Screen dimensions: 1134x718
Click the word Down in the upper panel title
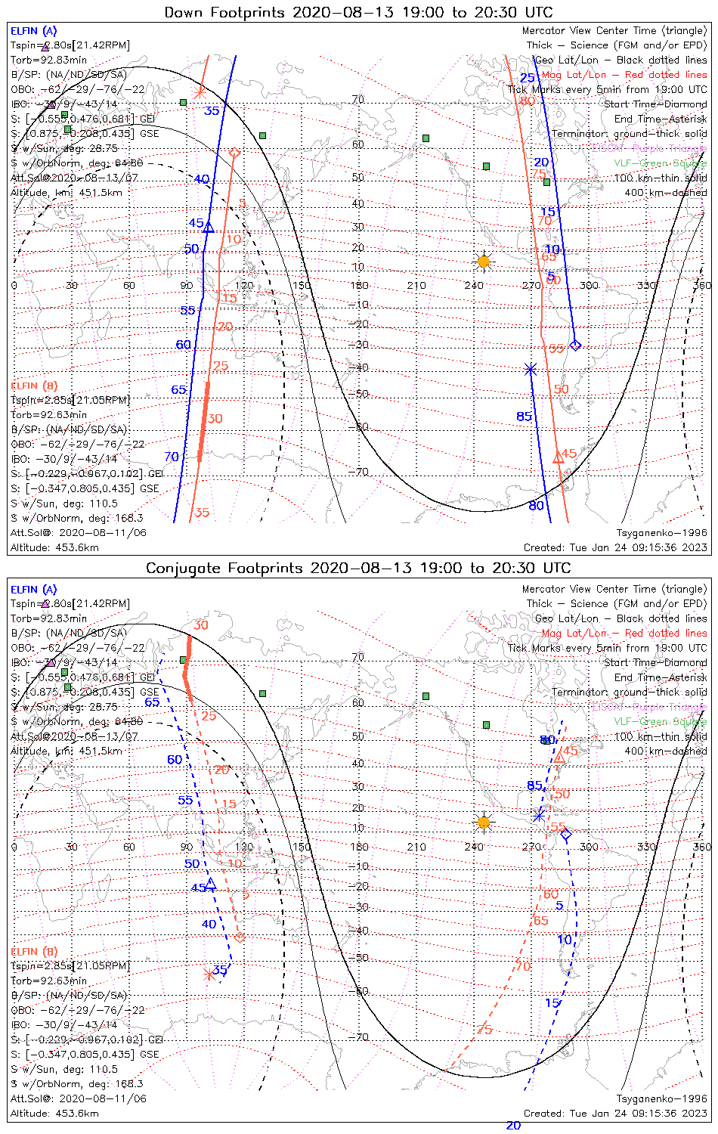(184, 12)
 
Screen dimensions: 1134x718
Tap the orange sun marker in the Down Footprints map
(484, 262)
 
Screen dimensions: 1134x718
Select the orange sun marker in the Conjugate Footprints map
(484, 822)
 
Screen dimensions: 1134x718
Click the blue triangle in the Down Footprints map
(209, 227)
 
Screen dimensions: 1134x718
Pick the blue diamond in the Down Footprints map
(575, 345)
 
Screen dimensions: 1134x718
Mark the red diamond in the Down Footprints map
(234, 153)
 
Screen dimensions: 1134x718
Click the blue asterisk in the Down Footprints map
(531, 369)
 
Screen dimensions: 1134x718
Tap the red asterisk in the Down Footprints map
(199, 92)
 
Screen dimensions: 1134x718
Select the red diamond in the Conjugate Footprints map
(240, 937)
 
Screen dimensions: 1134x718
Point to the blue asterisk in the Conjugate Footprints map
(539, 815)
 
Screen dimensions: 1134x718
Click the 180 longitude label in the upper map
(360, 285)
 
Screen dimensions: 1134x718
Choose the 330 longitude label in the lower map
(646, 847)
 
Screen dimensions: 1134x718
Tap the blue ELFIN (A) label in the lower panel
(34, 589)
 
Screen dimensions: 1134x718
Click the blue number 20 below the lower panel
(513, 1126)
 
